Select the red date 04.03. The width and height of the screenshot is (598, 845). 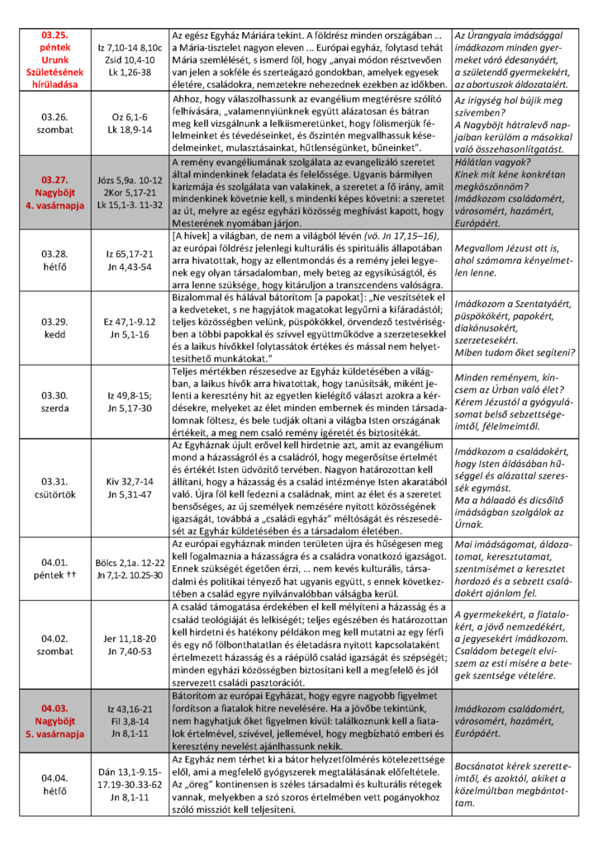(53, 706)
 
